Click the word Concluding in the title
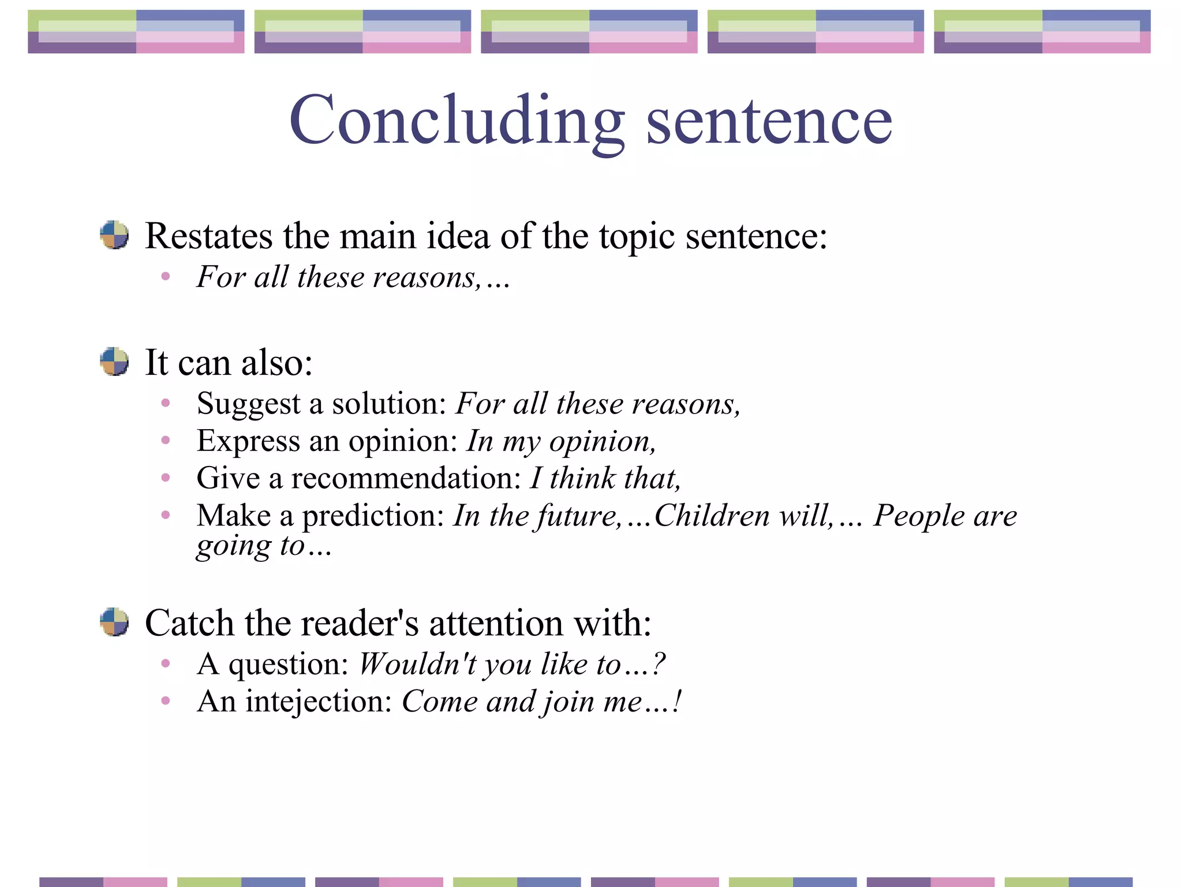point(456,121)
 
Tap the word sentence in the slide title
point(769,121)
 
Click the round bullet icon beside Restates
point(114,235)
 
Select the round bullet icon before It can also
point(114,361)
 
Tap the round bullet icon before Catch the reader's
point(114,622)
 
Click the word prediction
point(373,516)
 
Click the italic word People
point(918,516)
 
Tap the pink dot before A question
point(166,664)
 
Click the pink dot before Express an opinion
point(166,441)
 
